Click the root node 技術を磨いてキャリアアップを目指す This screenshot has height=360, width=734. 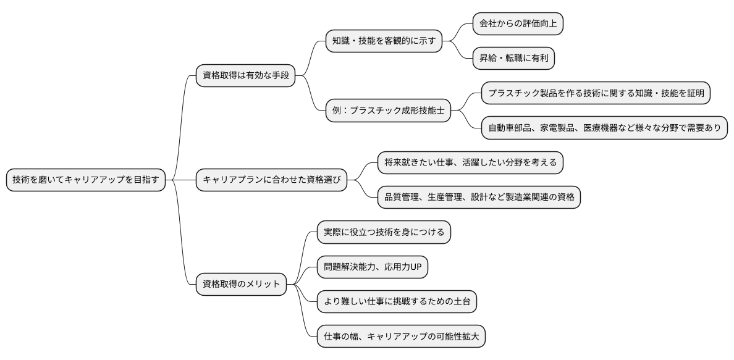pos(86,180)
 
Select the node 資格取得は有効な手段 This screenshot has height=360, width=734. pos(245,76)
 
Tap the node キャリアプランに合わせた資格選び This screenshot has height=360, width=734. pos(271,180)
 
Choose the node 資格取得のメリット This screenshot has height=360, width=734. pos(241,285)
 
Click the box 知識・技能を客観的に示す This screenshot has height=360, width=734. pos(384,42)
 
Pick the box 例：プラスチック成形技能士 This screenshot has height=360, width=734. pos(388,111)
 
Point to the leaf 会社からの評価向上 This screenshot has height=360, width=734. pos(518,24)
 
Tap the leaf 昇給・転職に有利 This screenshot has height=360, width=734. pos(513,59)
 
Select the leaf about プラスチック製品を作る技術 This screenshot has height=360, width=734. pos(596,93)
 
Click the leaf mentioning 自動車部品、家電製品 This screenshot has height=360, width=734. pos(604,128)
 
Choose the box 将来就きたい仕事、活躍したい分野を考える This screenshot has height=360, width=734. pos(470,163)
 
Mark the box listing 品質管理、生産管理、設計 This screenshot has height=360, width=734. pos(479,198)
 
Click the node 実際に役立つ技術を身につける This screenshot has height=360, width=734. pos(384,232)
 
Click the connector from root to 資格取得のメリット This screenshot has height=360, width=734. pos(183,247)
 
